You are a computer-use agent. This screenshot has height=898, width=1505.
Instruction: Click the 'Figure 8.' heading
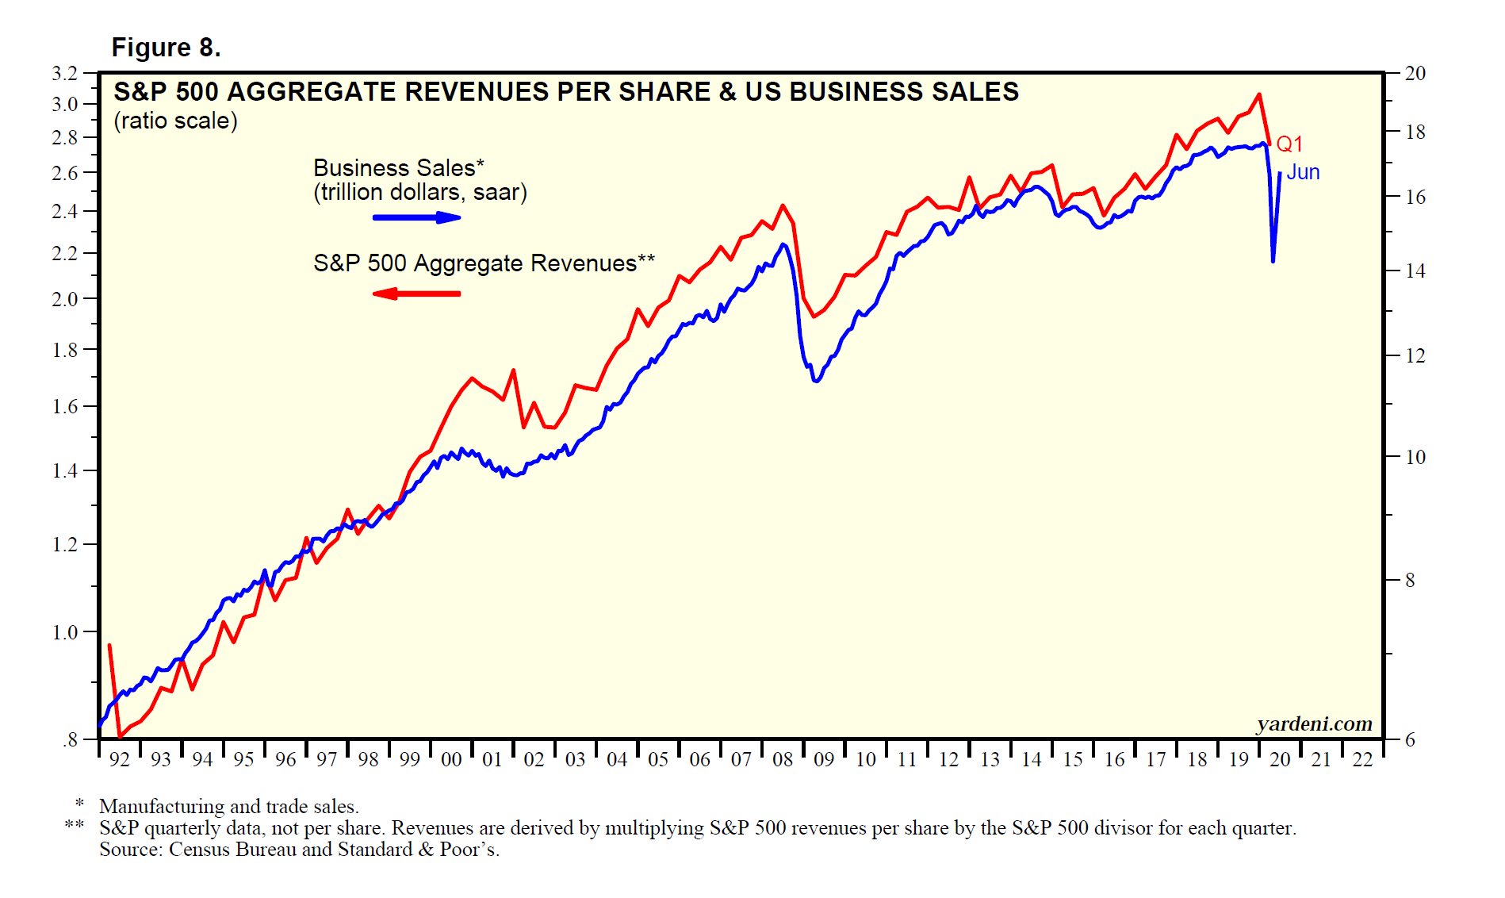(166, 48)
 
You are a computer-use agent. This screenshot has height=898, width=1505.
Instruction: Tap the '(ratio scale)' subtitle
(175, 121)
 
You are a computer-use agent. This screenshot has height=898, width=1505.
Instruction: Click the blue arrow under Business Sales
(417, 217)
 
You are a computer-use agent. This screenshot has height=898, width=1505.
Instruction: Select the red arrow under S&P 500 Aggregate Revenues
(416, 294)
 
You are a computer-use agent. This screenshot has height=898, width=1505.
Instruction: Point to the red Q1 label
(1289, 144)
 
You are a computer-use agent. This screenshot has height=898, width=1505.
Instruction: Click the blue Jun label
(1303, 172)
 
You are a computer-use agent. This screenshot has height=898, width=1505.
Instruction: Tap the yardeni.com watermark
(1314, 723)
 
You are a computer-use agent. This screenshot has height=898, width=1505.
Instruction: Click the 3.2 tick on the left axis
(65, 74)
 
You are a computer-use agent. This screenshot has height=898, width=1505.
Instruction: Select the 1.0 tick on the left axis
(65, 632)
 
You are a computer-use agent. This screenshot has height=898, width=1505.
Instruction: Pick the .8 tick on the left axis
(70, 740)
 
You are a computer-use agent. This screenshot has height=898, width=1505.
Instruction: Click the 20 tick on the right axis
(1415, 74)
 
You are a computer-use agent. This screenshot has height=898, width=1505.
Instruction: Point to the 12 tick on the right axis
(1415, 356)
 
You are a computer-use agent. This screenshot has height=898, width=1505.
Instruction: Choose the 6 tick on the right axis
(1410, 740)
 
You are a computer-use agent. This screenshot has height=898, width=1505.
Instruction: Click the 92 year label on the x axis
(119, 760)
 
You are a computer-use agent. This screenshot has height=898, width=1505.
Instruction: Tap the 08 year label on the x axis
(783, 760)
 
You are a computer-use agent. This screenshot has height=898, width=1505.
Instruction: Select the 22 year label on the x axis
(1362, 760)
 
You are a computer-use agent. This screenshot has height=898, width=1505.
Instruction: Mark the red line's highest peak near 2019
(1258, 94)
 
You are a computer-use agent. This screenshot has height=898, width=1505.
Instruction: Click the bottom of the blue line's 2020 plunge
(1273, 261)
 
